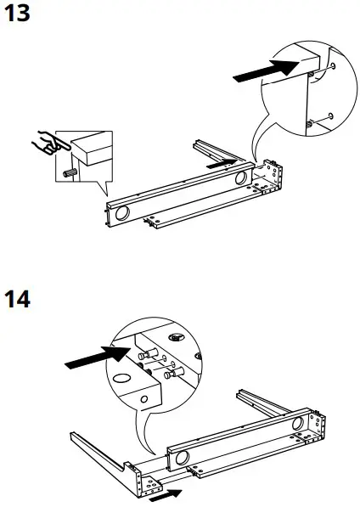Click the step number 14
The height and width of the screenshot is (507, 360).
[x=19, y=300]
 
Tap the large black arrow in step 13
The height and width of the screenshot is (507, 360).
[x=264, y=70]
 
